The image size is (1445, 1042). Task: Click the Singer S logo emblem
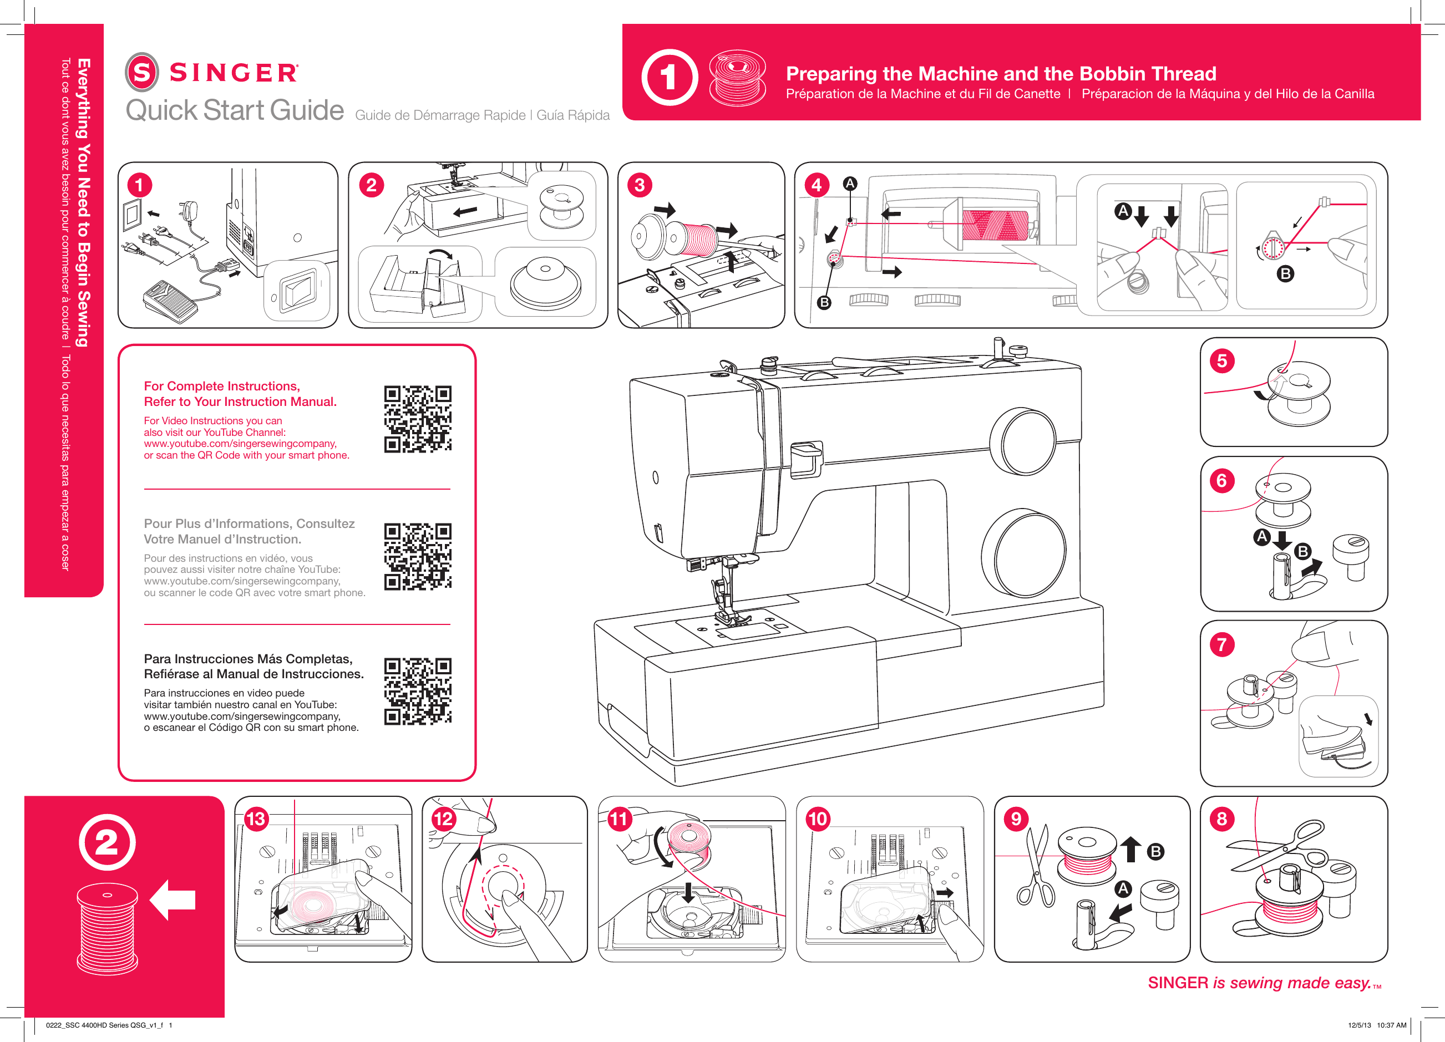[x=141, y=72]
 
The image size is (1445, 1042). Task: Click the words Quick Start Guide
[x=235, y=110]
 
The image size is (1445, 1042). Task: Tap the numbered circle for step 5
[x=1221, y=361]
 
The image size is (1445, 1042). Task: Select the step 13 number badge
[x=256, y=819]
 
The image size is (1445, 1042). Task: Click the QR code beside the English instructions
[x=417, y=419]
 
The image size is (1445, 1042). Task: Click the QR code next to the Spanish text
[x=417, y=691]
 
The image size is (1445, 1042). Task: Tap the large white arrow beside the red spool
[x=173, y=899]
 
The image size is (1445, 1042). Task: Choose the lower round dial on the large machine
[x=1024, y=553]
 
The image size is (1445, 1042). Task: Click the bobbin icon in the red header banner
[x=737, y=78]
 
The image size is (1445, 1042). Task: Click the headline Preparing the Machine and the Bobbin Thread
[x=1000, y=74]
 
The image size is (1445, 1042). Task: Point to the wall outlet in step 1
[x=134, y=215]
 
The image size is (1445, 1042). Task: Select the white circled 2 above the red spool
[x=107, y=843]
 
